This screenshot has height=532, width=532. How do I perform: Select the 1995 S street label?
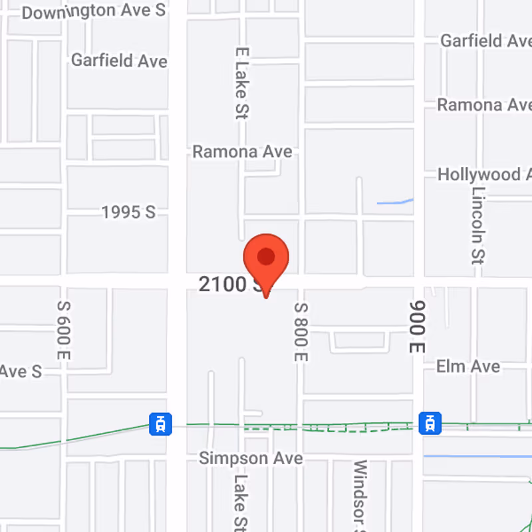coord(128,212)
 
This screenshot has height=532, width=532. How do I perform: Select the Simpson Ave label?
coord(251,458)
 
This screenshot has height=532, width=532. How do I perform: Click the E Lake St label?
coord(241,82)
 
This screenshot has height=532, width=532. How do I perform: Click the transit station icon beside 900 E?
coord(430,422)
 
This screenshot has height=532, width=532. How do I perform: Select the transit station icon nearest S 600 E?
coord(160,423)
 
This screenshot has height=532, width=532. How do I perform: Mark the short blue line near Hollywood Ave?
coord(395,201)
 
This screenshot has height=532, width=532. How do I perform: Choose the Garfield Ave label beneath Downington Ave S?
coord(119,61)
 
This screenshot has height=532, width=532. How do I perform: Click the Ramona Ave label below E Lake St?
coord(242,152)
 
